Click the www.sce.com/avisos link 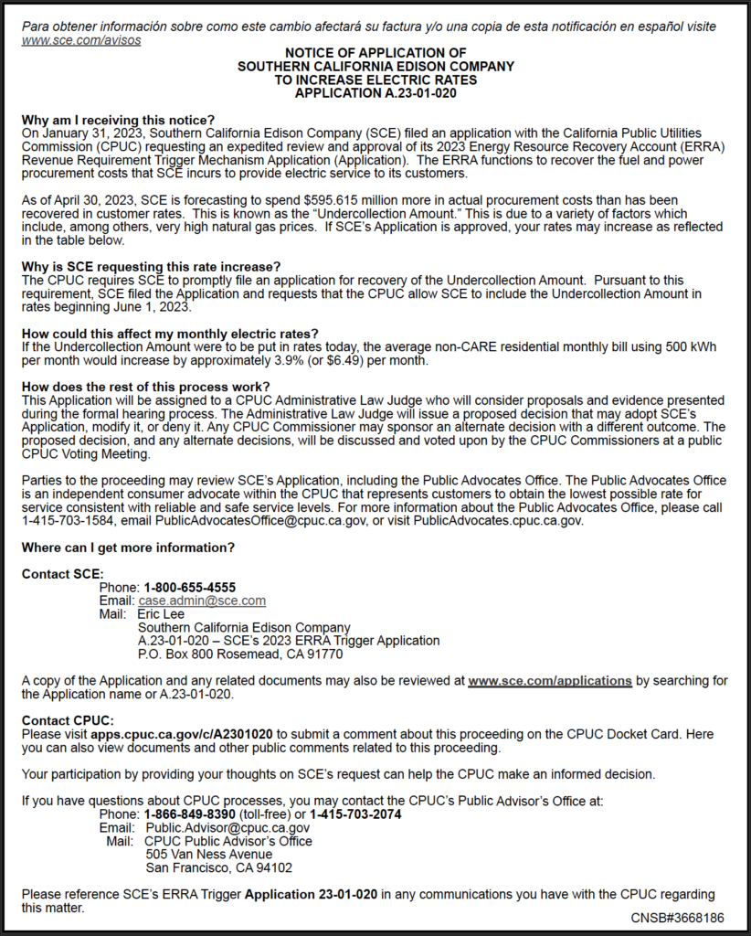81,41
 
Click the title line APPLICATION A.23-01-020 375,92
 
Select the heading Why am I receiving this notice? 118,120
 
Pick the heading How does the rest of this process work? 145,387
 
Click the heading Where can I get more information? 128,548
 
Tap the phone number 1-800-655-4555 189,587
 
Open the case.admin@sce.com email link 202,601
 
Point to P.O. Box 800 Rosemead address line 239,654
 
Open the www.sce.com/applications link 550,681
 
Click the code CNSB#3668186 677,917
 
